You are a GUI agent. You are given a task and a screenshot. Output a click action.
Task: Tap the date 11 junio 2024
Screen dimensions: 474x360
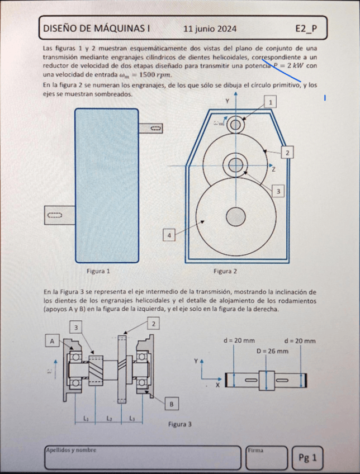(x=210, y=29)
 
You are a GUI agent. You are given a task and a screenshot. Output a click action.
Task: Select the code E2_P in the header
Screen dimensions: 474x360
(x=306, y=29)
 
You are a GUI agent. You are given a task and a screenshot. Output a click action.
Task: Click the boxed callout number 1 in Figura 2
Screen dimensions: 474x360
(x=271, y=102)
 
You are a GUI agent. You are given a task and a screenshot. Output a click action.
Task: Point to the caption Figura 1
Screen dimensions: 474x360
(x=98, y=271)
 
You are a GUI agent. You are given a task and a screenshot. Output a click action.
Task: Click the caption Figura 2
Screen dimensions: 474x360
(x=225, y=271)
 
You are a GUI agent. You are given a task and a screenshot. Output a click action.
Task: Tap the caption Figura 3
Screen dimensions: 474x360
(x=180, y=424)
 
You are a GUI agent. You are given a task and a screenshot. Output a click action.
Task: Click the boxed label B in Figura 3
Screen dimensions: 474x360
(x=172, y=403)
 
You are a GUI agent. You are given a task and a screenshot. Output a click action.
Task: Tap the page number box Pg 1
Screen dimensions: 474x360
(x=307, y=458)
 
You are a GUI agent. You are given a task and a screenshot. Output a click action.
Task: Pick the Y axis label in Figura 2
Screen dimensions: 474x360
(x=227, y=101)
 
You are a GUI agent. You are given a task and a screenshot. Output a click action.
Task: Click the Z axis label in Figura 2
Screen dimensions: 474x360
(x=273, y=169)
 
